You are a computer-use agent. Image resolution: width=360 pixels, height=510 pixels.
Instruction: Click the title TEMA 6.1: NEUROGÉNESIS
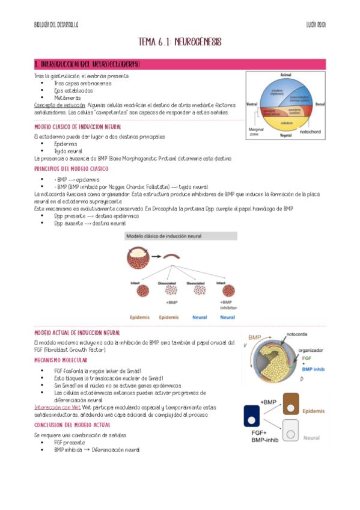[180, 41]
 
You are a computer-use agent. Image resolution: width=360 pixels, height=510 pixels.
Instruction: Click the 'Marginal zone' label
[257, 132]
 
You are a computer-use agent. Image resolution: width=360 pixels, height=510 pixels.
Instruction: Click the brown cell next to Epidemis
[290, 404]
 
